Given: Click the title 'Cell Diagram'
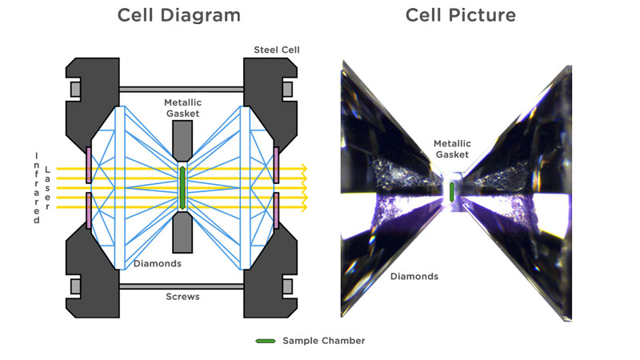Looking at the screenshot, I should tap(178, 15).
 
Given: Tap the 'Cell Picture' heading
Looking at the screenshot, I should tap(460, 15).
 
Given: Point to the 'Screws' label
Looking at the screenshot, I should tap(184, 297).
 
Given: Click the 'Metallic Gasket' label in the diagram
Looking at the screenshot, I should tap(183, 110).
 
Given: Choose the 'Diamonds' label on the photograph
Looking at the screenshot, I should tap(414, 277).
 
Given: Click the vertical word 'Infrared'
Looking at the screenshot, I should tap(36, 187).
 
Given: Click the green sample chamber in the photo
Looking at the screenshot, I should tap(452, 191).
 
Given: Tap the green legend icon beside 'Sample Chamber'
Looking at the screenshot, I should tap(265, 341).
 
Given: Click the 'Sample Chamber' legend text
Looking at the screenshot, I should tap(323, 341).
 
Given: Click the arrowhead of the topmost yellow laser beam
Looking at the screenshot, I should tap(305, 169).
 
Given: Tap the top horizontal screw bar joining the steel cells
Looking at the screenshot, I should tap(183, 87).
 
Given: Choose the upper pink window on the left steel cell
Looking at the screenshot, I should tap(89, 160).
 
